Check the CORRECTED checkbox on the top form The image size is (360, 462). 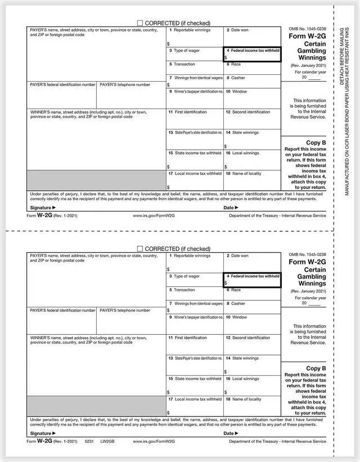click(x=140, y=23)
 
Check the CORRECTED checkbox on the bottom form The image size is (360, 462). click(x=140, y=249)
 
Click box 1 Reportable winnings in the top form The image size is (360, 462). click(x=195, y=37)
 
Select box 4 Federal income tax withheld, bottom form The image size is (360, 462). click(x=253, y=280)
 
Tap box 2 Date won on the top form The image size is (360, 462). click(x=252, y=37)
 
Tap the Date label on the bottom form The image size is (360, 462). click(x=228, y=433)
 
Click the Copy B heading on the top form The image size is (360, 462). click(x=316, y=143)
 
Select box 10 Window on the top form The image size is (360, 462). click(x=252, y=98)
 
